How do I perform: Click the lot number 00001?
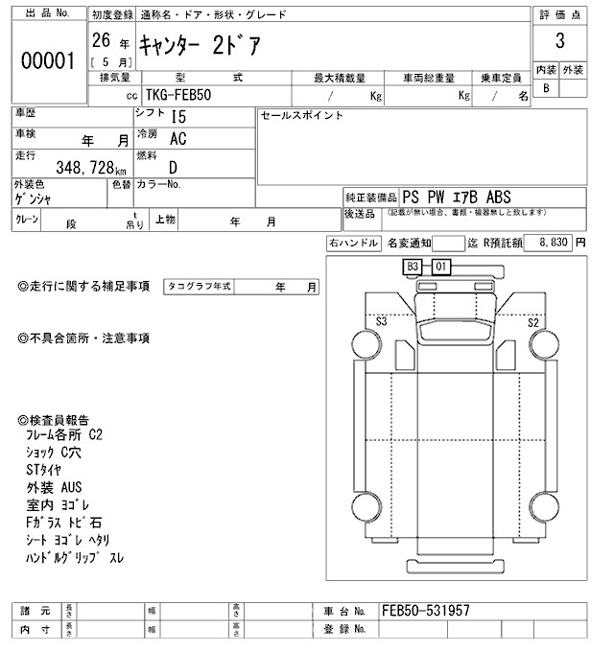(x=47, y=61)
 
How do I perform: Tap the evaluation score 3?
(x=559, y=42)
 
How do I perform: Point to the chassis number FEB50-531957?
(x=425, y=610)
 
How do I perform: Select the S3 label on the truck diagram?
(x=382, y=322)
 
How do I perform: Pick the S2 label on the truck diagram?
(x=532, y=322)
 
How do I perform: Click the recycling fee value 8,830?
(x=552, y=244)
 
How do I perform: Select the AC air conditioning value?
(x=178, y=139)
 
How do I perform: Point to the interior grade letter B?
(x=547, y=88)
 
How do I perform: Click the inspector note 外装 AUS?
(x=54, y=487)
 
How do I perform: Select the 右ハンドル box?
(x=353, y=244)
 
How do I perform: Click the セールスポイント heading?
(x=302, y=116)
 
